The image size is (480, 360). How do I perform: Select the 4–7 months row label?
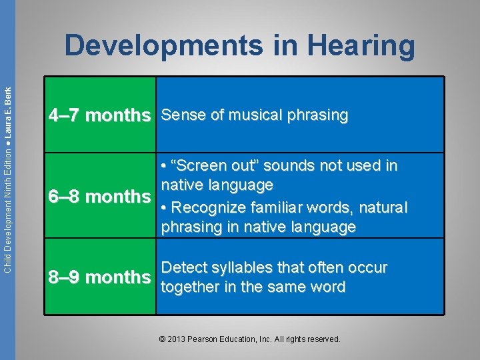coord(99,115)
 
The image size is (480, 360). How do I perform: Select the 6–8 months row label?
coord(99,197)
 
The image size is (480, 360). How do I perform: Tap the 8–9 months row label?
coord(99,277)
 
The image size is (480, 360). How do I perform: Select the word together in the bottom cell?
coord(190,287)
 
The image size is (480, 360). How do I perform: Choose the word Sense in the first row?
coord(179,115)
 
